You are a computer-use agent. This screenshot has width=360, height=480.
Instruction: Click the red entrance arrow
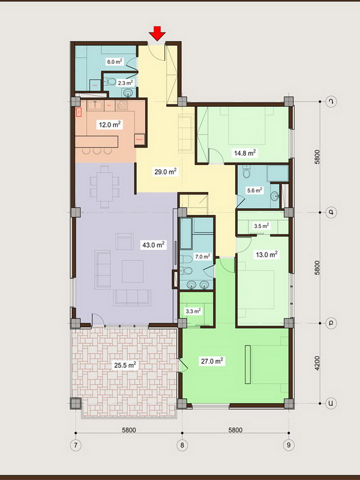pos(157,34)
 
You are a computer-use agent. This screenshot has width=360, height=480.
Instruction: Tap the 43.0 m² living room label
pos(154,245)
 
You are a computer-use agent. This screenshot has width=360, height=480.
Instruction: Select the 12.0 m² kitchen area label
pos(110,125)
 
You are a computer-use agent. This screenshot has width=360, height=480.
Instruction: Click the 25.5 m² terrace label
pos(125,365)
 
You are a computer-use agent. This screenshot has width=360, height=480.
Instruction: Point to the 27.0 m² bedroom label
pos(212,361)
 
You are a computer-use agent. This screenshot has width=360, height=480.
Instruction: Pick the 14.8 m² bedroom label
pos(245,153)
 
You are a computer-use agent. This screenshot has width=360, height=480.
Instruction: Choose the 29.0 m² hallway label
pos(166,172)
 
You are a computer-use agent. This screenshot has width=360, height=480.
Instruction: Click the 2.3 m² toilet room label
pos(125,83)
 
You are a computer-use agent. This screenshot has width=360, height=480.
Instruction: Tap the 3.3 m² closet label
pos(193,311)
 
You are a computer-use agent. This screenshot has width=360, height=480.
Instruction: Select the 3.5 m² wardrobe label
pos(262,226)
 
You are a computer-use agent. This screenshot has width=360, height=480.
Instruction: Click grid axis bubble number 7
pos(76,445)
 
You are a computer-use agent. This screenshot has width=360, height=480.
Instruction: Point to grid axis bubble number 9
pos(289,445)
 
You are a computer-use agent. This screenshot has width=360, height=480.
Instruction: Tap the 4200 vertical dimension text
pos(317,364)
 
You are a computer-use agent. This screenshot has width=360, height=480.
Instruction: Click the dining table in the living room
pos(104,187)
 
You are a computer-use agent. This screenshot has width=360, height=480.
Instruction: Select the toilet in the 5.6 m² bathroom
pos(246,172)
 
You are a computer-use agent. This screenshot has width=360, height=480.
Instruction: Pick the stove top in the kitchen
pos(122,106)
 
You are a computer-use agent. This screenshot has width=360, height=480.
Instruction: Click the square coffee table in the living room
pos(133,271)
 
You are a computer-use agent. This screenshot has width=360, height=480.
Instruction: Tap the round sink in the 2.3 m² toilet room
pos(128,92)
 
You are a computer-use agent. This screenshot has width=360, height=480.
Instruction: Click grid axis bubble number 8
pos(182,445)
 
